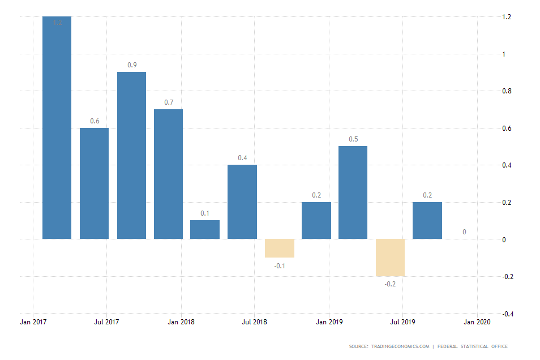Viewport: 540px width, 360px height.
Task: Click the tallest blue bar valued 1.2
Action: pos(57,127)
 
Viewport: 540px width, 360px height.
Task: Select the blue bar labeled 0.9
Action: pos(131,155)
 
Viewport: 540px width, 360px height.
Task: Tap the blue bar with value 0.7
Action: pos(168,174)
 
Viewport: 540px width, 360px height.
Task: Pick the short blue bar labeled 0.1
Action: pos(205,229)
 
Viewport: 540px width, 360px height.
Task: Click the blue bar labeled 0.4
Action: pos(242,202)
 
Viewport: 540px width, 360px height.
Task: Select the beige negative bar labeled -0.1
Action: pos(280,248)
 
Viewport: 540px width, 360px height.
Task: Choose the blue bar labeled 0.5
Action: pos(353,192)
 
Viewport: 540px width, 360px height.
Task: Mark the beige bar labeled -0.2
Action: pos(390,258)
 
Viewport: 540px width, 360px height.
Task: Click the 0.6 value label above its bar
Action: pos(95,121)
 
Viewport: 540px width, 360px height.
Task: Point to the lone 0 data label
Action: pos(464,232)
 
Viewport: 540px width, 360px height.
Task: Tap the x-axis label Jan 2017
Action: pos(33,322)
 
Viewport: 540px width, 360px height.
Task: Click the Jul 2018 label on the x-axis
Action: pos(254,322)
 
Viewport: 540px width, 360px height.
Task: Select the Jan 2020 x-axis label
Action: pos(477,322)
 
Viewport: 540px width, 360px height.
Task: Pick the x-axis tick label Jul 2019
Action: pos(402,322)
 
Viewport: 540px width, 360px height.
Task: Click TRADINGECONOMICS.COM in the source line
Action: pos(400,346)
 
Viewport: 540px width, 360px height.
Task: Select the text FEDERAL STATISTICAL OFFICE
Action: pos(472,346)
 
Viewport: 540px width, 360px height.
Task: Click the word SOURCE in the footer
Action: pos(358,346)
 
